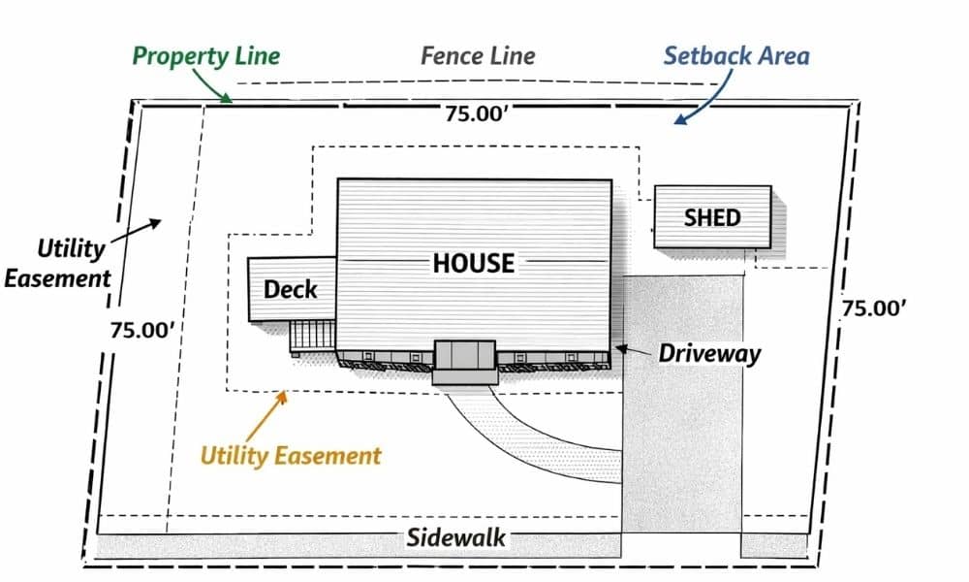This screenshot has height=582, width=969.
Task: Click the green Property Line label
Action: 205,55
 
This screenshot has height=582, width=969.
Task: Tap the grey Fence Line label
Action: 478,55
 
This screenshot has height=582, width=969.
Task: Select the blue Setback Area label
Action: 736,55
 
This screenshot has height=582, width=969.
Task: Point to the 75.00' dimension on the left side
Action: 141,330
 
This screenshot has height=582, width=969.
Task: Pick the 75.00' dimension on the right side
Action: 873,308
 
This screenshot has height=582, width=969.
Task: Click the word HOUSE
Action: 473,262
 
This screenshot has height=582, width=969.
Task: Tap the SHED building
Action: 712,217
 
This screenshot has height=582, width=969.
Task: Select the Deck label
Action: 291,289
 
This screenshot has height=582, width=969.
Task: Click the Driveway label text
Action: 709,353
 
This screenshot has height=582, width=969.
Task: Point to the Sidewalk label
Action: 455,537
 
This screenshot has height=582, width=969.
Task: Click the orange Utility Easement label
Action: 291,455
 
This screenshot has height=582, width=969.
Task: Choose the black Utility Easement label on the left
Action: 59,263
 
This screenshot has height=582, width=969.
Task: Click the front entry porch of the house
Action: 465,362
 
